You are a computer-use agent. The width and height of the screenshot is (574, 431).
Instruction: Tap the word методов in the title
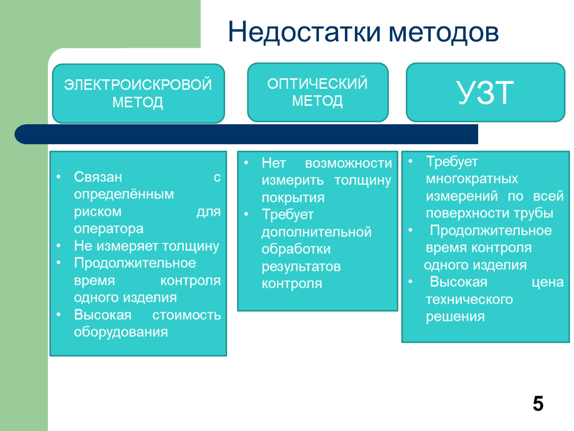(444, 32)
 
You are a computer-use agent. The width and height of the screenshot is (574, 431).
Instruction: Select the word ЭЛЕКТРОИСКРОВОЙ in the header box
(138, 84)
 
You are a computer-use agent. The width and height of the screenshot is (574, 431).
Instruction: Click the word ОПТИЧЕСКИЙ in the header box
(317, 84)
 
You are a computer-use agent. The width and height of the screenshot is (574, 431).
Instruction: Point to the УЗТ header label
(486, 93)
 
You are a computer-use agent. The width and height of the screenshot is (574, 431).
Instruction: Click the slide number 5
(538, 404)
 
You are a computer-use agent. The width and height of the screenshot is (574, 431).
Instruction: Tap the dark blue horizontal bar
(247, 134)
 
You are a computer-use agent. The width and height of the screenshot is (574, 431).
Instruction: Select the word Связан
(98, 177)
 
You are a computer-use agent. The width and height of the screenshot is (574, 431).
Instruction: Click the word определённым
(124, 194)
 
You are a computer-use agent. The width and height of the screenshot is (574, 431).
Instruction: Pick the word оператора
(109, 229)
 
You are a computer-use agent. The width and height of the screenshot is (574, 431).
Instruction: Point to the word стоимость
(186, 315)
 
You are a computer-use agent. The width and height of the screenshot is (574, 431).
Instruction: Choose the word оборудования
(121, 333)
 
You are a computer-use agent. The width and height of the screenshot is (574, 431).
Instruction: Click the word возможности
(348, 163)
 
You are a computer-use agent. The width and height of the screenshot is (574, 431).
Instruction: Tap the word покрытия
(293, 198)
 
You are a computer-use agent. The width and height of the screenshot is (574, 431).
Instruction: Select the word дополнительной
(316, 232)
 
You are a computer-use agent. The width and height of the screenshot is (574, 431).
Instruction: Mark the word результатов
(301, 267)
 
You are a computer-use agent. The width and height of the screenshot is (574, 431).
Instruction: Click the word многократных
(472, 179)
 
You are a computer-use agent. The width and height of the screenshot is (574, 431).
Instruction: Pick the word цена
(548, 282)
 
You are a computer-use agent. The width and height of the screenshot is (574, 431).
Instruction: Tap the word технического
(469, 300)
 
